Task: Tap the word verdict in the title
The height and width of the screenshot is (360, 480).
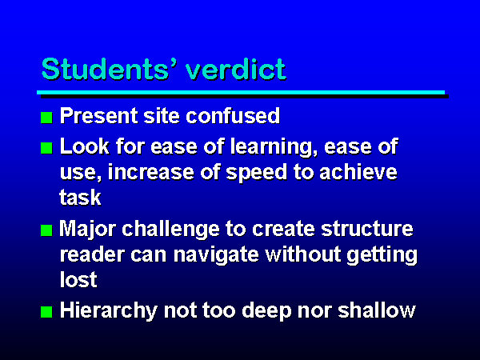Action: coord(236,69)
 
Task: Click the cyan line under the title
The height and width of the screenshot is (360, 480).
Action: coord(241,92)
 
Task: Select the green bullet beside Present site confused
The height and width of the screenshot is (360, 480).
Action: coord(46,118)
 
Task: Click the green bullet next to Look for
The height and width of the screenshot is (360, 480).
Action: coord(46,148)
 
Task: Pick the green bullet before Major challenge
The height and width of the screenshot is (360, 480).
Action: coord(46,230)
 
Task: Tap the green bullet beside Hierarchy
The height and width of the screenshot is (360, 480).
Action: coord(46,312)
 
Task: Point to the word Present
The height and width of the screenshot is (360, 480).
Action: coord(99,116)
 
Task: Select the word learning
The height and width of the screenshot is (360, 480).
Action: coord(274,147)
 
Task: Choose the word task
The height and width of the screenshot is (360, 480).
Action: coord(80,198)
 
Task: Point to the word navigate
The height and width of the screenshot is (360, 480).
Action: coord(216,255)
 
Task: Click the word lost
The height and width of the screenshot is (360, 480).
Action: coord(78,279)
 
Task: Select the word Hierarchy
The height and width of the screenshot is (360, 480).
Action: coord(108,311)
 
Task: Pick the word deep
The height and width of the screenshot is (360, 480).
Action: coord(266,311)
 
